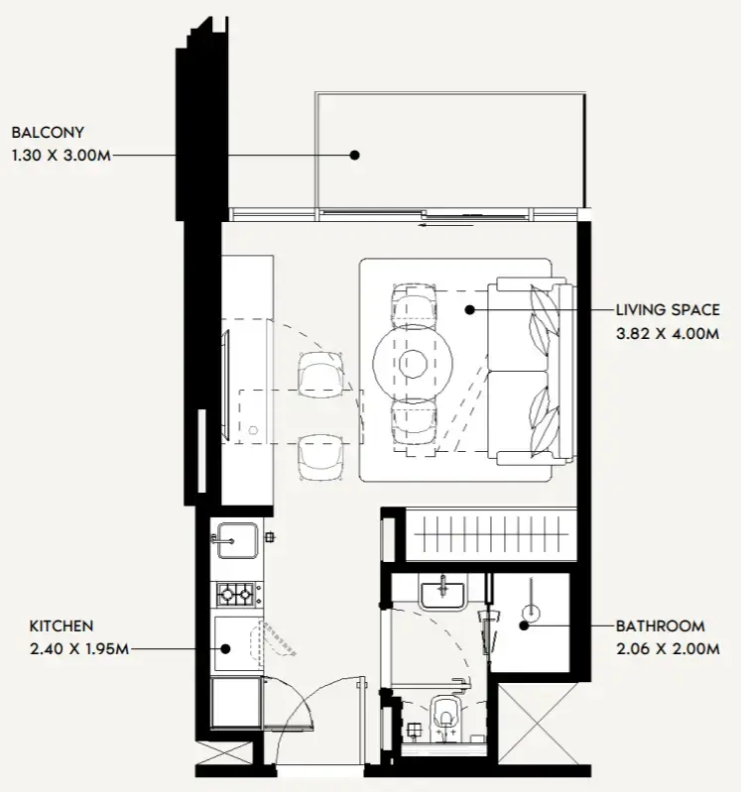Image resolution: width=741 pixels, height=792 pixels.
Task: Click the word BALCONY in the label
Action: [48, 131]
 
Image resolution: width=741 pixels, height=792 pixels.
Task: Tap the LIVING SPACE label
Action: [667, 310]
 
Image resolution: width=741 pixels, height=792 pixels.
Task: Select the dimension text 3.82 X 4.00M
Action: [666, 334]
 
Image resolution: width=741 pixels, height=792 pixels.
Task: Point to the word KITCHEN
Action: [61, 625]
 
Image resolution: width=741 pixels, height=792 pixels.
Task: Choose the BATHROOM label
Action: [660, 626]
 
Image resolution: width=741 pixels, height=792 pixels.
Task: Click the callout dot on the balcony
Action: [352, 155]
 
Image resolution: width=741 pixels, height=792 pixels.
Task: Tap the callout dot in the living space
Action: [470, 309]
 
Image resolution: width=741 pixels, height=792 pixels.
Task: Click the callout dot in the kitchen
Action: [225, 650]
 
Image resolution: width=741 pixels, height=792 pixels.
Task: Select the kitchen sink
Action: [235, 541]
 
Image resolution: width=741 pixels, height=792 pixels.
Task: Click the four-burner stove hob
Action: [235, 595]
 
